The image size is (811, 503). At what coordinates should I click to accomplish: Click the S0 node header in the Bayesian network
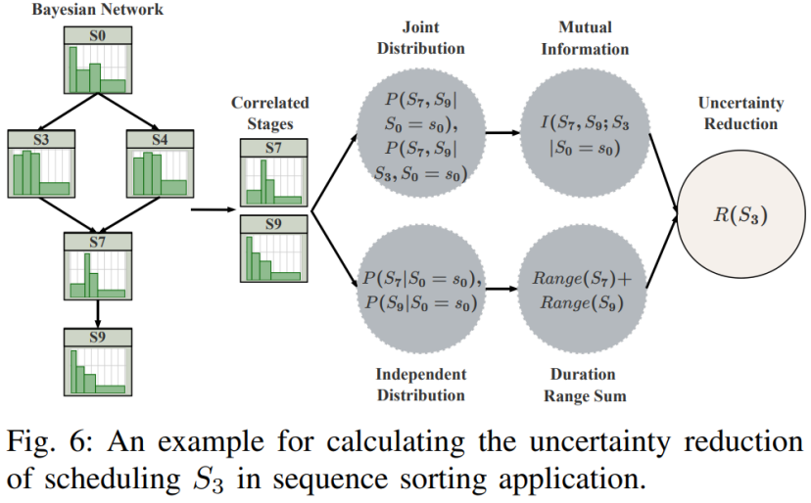pos(98,35)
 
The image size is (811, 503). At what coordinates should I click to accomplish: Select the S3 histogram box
pos(41,163)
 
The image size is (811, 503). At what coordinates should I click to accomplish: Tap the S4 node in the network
pos(161,163)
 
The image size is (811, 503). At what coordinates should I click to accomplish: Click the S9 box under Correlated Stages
pos(273,249)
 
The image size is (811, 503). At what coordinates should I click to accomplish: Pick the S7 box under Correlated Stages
pos(273,172)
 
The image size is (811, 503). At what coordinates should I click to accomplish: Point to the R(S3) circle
pos(740,214)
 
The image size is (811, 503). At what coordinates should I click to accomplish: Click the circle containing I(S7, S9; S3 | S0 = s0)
pos(585,133)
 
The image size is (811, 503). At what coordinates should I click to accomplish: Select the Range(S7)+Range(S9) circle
pos(582,289)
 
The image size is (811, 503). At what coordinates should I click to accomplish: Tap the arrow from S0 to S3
pos(69,112)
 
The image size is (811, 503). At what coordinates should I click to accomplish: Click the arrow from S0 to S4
pos(128,112)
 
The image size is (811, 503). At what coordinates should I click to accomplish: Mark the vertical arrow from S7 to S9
pos(98,314)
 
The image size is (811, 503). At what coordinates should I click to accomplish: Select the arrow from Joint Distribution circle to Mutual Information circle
pos(502,133)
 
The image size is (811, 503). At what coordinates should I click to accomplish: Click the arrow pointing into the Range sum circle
pos(501,289)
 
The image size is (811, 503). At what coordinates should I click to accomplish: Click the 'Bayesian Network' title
pos(98,10)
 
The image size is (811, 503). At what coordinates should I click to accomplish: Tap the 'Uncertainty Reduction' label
pos(740,114)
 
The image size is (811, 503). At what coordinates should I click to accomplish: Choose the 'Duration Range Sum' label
pos(585,385)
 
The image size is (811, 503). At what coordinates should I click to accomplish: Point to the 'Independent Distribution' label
pos(421,385)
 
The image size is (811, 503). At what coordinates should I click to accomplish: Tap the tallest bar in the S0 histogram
pos(72,69)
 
